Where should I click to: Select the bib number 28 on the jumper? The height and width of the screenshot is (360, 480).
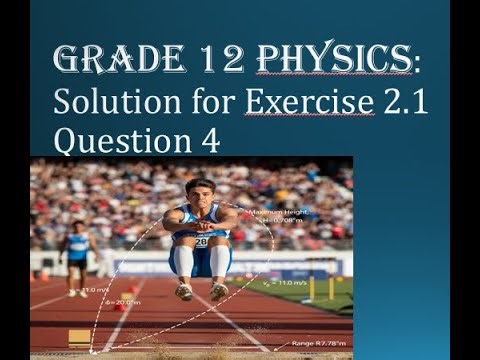click(x=200, y=240)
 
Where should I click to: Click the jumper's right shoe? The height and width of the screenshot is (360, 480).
click(x=184, y=291)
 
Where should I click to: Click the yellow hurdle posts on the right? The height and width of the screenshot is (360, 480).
click(x=325, y=281)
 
